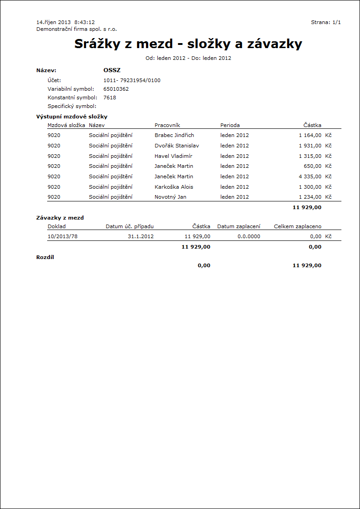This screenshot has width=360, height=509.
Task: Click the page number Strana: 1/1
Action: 326,22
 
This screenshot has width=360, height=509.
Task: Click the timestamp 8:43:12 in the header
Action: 84,22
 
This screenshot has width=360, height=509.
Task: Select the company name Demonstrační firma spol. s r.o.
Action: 76,29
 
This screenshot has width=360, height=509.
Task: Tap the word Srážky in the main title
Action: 98,44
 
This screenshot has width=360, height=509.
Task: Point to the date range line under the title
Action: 188,58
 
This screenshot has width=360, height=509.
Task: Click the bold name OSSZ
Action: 112,70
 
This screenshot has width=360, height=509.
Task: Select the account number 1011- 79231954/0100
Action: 131,80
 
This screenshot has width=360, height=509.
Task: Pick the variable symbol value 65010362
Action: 116,89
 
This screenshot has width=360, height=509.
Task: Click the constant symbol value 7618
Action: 109,98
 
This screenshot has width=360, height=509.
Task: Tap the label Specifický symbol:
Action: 72,106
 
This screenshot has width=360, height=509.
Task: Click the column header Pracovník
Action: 167,125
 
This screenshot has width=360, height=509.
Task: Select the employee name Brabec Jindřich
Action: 174,135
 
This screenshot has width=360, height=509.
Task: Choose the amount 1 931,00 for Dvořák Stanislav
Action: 310,146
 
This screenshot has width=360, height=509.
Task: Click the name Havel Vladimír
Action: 173,156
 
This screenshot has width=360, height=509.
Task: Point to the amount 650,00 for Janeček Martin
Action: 312,166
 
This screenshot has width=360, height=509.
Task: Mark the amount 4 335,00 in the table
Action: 310,176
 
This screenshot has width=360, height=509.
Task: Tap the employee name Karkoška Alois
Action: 174,187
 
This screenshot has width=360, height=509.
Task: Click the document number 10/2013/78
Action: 63,236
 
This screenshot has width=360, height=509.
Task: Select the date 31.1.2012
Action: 141,236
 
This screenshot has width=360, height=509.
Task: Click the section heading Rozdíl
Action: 45,257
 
